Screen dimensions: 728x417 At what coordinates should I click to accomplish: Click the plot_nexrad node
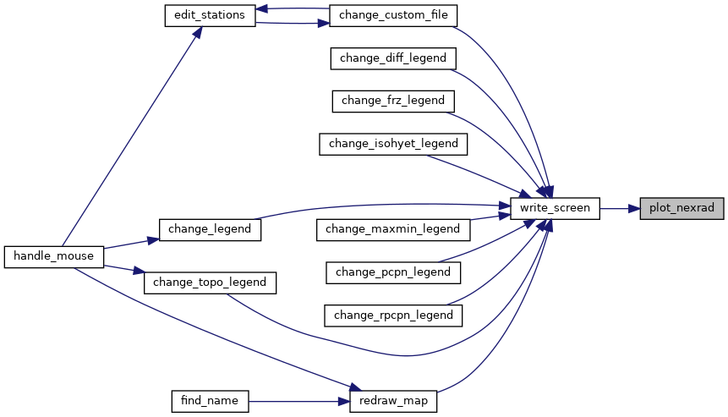681,208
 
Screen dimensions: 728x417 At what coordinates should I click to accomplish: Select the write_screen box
555,208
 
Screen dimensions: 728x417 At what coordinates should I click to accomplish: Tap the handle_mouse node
54,257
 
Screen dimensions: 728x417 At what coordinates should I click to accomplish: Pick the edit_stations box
210,15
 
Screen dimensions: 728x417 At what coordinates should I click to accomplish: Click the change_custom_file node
393,15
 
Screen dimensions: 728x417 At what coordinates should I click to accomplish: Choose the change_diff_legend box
393,58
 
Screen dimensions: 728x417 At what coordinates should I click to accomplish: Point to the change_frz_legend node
393,102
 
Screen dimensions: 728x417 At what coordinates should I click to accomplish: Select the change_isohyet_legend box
393,144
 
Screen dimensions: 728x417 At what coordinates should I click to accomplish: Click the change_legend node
210,229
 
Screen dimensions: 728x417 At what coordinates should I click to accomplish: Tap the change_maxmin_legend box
393,229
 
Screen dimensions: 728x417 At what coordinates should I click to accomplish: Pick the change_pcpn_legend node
393,272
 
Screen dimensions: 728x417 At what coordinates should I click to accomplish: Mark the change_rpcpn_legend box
393,315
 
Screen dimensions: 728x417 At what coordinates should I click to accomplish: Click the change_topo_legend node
210,283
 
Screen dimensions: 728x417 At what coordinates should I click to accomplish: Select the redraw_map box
393,401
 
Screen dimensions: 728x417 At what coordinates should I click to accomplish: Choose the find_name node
210,401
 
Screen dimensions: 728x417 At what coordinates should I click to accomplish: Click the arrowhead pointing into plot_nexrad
634,208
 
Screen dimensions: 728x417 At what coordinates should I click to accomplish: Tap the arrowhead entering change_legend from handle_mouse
153,240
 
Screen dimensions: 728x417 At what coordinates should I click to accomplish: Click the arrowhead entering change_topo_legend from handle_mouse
139,271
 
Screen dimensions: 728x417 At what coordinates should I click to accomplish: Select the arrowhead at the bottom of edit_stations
197,32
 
